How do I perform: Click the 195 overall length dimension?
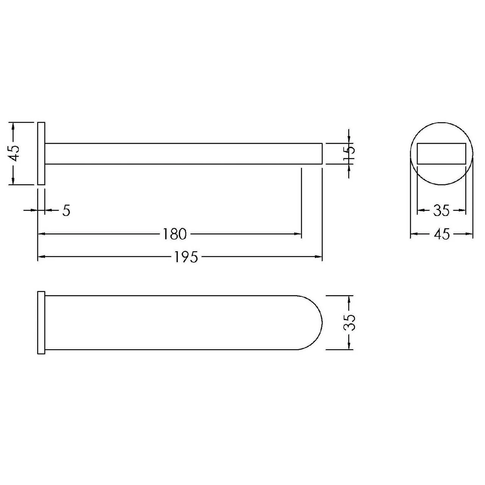pos(186,257)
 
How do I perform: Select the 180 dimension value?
pos(175,234)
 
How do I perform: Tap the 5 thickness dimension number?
pos(66,210)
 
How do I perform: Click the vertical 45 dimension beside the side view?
pos(14,153)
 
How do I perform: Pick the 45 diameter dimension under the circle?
pos(441,234)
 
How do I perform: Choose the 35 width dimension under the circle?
pos(441,210)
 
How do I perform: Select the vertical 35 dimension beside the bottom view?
pos(350,322)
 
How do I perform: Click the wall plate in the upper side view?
pos(41,153)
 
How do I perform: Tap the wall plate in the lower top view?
pos(41,322)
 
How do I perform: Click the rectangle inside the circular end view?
pos(441,153)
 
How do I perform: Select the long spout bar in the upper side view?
pos(184,153)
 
